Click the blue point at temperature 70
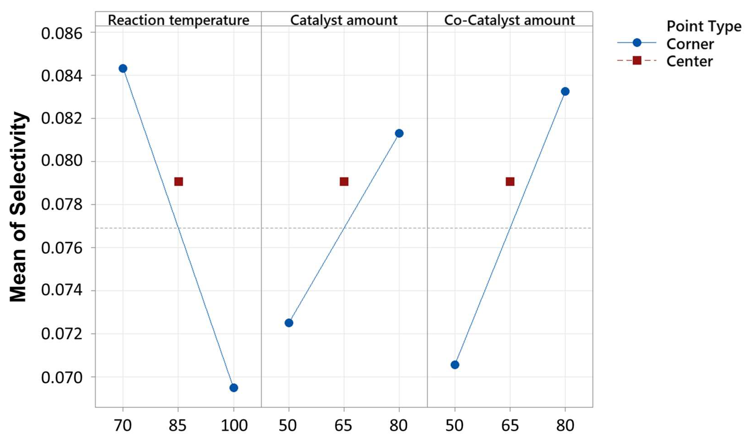[x=123, y=69]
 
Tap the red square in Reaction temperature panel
[x=178, y=182]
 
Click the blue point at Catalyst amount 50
[x=289, y=323]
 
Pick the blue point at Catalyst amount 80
[x=399, y=133]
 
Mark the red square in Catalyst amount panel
[x=344, y=182]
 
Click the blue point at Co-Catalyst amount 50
[x=455, y=365]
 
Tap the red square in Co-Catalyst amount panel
[x=510, y=182]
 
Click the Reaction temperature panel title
[x=178, y=20]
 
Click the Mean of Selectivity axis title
[x=18, y=207]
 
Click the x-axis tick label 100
[x=234, y=425]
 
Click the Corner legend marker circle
[x=637, y=43]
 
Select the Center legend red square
[x=637, y=61]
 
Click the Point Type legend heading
[x=704, y=26]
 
